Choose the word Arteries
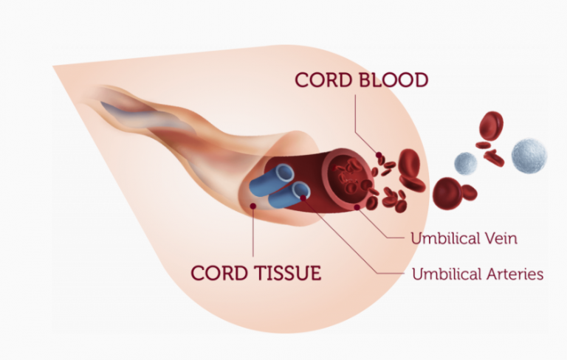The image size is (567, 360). [x=510, y=274]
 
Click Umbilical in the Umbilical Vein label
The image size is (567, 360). [x=441, y=239]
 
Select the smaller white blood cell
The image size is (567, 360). [x=465, y=163]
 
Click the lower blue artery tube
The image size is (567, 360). [x=288, y=195]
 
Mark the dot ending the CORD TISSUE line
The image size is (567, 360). [x=252, y=207]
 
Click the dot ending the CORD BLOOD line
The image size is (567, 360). [x=379, y=156]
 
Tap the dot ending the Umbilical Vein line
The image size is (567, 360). [x=357, y=207]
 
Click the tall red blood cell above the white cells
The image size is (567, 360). [x=491, y=126]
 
